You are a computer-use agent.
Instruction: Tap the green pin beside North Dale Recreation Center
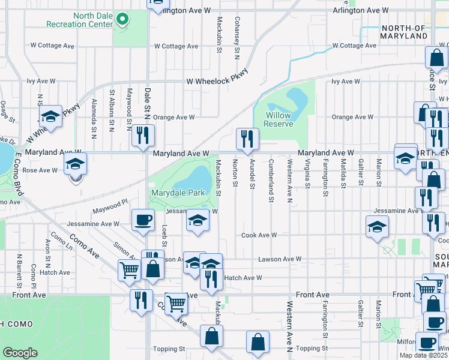[x=122, y=20]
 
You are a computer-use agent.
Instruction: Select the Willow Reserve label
[x=279, y=119]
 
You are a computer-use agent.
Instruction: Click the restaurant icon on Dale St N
[x=143, y=136]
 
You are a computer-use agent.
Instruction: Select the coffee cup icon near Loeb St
[x=142, y=220]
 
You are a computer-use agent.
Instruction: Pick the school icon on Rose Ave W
[x=76, y=164]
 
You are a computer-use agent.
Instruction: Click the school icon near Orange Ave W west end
[x=51, y=116]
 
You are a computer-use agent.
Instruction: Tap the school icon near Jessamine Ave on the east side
[x=377, y=227]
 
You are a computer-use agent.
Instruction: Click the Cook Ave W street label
[x=259, y=235]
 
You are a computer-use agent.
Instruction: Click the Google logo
[x=20, y=353]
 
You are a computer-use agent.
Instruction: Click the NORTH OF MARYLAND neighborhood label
[x=403, y=32]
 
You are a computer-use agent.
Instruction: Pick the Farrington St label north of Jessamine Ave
[x=325, y=178]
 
